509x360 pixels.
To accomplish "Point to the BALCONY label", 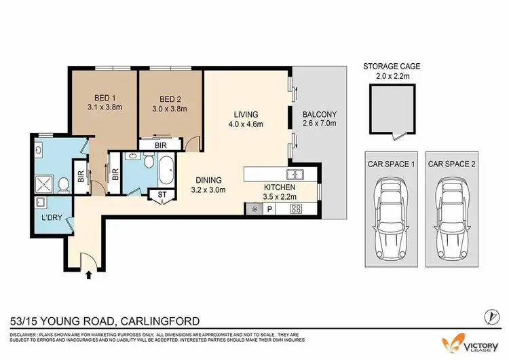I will pyautogui.click(x=319, y=114).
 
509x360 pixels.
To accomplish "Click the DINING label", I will pyautogui.click(x=206, y=180).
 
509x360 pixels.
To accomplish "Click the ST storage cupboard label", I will pyautogui.click(x=162, y=195).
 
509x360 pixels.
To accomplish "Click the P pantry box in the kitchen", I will pyautogui.click(x=269, y=209).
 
